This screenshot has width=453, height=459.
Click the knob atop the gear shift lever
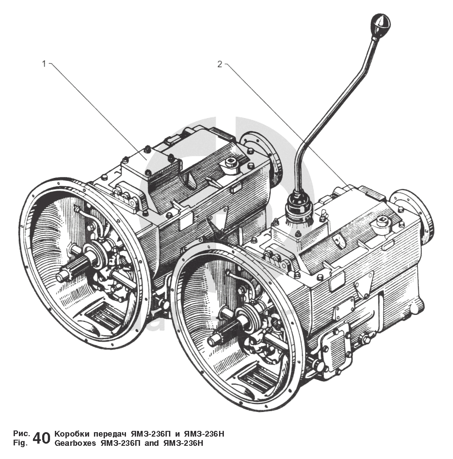tap(381, 22)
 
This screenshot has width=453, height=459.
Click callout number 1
tap(43, 64)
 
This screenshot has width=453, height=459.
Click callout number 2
tap(219, 64)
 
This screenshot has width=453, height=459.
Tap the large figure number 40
tap(41, 438)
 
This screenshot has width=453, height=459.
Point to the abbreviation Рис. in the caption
tap(22, 434)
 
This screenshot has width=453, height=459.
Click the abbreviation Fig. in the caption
tap(21, 443)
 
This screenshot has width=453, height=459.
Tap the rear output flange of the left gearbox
tap(263, 156)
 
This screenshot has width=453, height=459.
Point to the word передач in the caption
tap(109, 434)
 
